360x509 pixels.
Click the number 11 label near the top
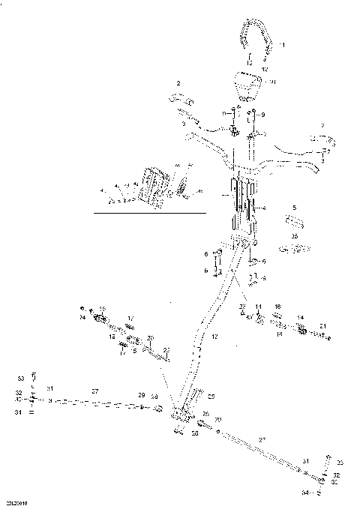click(282, 46)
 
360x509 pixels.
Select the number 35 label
click(295, 235)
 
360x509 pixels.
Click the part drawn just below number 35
click(299, 247)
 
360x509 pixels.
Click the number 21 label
click(322, 326)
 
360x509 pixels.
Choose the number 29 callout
click(140, 395)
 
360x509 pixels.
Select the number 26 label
click(205, 414)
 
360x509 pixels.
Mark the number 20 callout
click(150, 338)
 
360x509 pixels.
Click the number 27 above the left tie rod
click(95, 391)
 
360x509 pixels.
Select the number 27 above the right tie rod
click(262, 439)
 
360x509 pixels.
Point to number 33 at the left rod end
click(21, 377)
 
